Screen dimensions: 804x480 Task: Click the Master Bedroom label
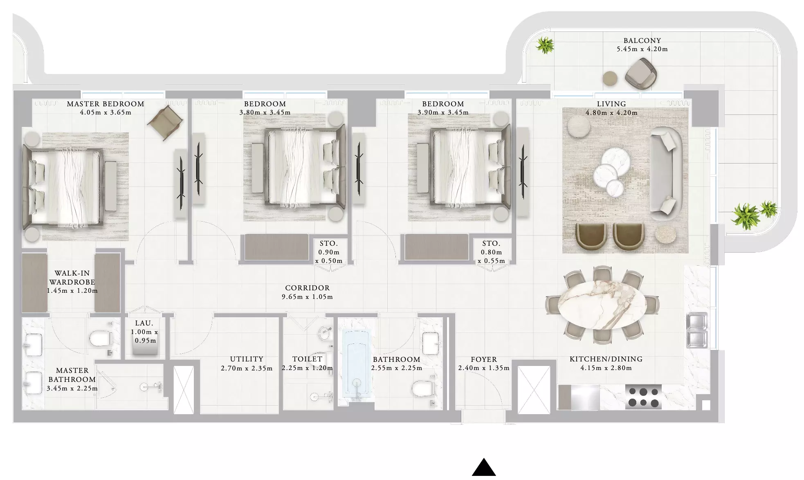106,104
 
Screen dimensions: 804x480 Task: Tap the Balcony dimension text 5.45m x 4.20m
642,49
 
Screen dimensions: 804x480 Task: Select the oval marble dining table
602,305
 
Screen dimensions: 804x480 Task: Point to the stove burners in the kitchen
643,397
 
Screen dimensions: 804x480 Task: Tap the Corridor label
307,288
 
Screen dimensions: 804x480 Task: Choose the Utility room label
247,359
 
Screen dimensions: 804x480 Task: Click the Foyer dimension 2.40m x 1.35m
484,368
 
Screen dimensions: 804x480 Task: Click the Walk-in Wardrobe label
72,278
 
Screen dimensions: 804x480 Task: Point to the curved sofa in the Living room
665,175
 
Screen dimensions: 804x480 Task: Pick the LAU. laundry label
144,323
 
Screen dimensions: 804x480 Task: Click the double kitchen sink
697,330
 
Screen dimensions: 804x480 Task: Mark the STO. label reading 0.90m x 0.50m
329,252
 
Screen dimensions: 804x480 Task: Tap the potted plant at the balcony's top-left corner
545,45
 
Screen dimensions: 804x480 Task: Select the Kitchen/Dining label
606,359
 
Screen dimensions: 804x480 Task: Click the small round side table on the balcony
610,78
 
